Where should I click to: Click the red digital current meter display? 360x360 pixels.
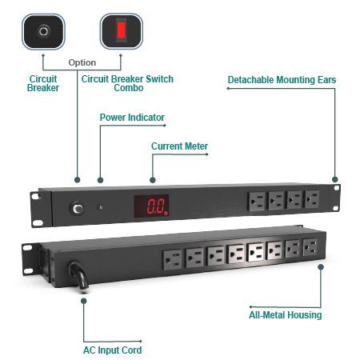point(151,206)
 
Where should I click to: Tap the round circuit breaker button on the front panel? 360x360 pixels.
point(77,209)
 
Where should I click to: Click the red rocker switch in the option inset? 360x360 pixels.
point(122,30)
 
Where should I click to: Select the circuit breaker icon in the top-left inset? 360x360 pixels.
point(43,31)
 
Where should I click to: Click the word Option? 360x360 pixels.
point(82,62)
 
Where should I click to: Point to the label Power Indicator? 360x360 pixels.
point(132,118)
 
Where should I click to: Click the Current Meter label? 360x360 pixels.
point(179,146)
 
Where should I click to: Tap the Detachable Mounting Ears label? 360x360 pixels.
point(282,80)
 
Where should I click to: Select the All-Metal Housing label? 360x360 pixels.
point(286,315)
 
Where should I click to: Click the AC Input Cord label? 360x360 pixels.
point(112,350)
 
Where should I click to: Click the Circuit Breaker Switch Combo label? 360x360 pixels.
point(127,83)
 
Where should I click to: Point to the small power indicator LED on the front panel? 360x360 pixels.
point(101,207)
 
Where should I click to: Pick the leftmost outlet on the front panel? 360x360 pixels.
point(257,202)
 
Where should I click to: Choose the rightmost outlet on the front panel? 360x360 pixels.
point(312,199)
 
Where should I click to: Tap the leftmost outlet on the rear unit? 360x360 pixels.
point(173,260)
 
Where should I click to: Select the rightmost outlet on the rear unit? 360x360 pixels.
point(310,247)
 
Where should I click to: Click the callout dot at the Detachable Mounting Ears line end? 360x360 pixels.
point(335,179)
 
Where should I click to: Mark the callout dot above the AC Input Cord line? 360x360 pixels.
point(84,301)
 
